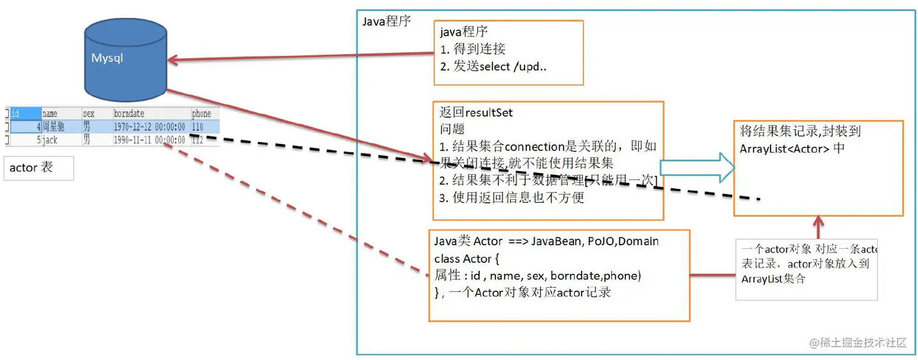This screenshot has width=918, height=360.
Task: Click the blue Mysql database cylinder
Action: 126,59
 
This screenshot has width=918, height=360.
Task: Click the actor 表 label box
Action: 39,168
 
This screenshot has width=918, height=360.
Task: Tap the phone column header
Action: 201,114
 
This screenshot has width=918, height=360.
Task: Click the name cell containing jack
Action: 50,140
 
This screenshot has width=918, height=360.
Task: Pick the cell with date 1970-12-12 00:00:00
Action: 149,127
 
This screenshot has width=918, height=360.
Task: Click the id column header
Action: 16,114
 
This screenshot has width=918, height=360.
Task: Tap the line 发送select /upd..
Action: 493,67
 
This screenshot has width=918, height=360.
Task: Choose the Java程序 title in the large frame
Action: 386,21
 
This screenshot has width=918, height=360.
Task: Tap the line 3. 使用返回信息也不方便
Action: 511,198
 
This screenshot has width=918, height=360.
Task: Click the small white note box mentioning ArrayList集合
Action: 806,269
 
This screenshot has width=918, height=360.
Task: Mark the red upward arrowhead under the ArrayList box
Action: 818,222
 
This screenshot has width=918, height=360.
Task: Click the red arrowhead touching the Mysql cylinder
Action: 173,60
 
